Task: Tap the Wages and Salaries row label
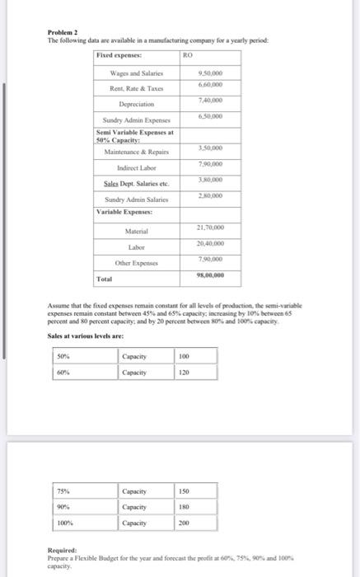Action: [x=135, y=73]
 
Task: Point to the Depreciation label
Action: [x=134, y=106]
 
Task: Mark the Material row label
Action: [x=135, y=231]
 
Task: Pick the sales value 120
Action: [x=184, y=373]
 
